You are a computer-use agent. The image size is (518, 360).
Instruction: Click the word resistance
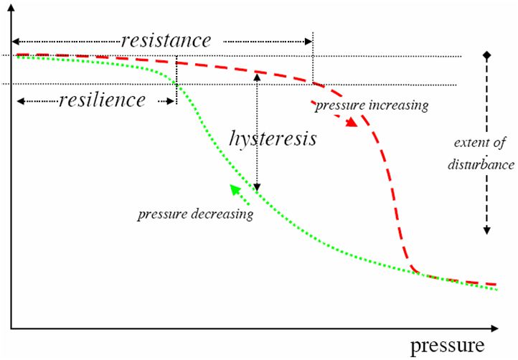tap(166, 40)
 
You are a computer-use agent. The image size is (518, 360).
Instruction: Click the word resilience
tap(101, 100)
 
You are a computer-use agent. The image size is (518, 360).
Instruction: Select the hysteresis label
tap(273, 138)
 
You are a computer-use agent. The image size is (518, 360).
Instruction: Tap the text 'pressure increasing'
tap(371, 105)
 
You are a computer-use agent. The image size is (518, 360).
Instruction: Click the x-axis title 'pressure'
tap(447, 347)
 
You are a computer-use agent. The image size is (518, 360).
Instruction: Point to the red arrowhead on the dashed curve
tap(352, 123)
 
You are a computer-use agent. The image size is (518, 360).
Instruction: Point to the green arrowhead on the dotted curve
tap(234, 188)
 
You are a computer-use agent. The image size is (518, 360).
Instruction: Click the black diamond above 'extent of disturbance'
tap(486, 55)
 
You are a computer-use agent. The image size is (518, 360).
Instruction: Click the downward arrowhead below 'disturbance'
tap(486, 230)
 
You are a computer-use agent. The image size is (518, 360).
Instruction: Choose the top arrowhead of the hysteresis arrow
tap(258, 72)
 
